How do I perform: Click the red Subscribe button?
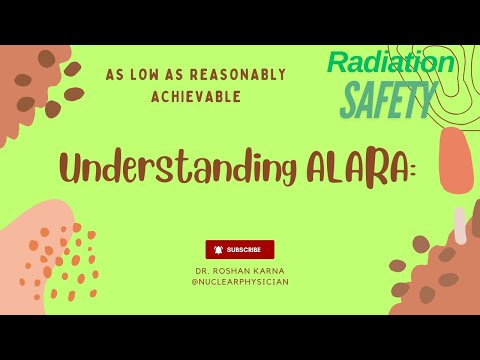click(240, 249)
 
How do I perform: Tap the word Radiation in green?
click(392, 63)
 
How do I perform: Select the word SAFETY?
click(388, 98)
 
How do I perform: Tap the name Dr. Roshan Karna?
click(239, 271)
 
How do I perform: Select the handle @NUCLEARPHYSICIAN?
click(239, 282)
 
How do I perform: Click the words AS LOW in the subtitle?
click(133, 75)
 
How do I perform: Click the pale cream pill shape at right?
click(460, 225)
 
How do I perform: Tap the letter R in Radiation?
click(338, 63)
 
